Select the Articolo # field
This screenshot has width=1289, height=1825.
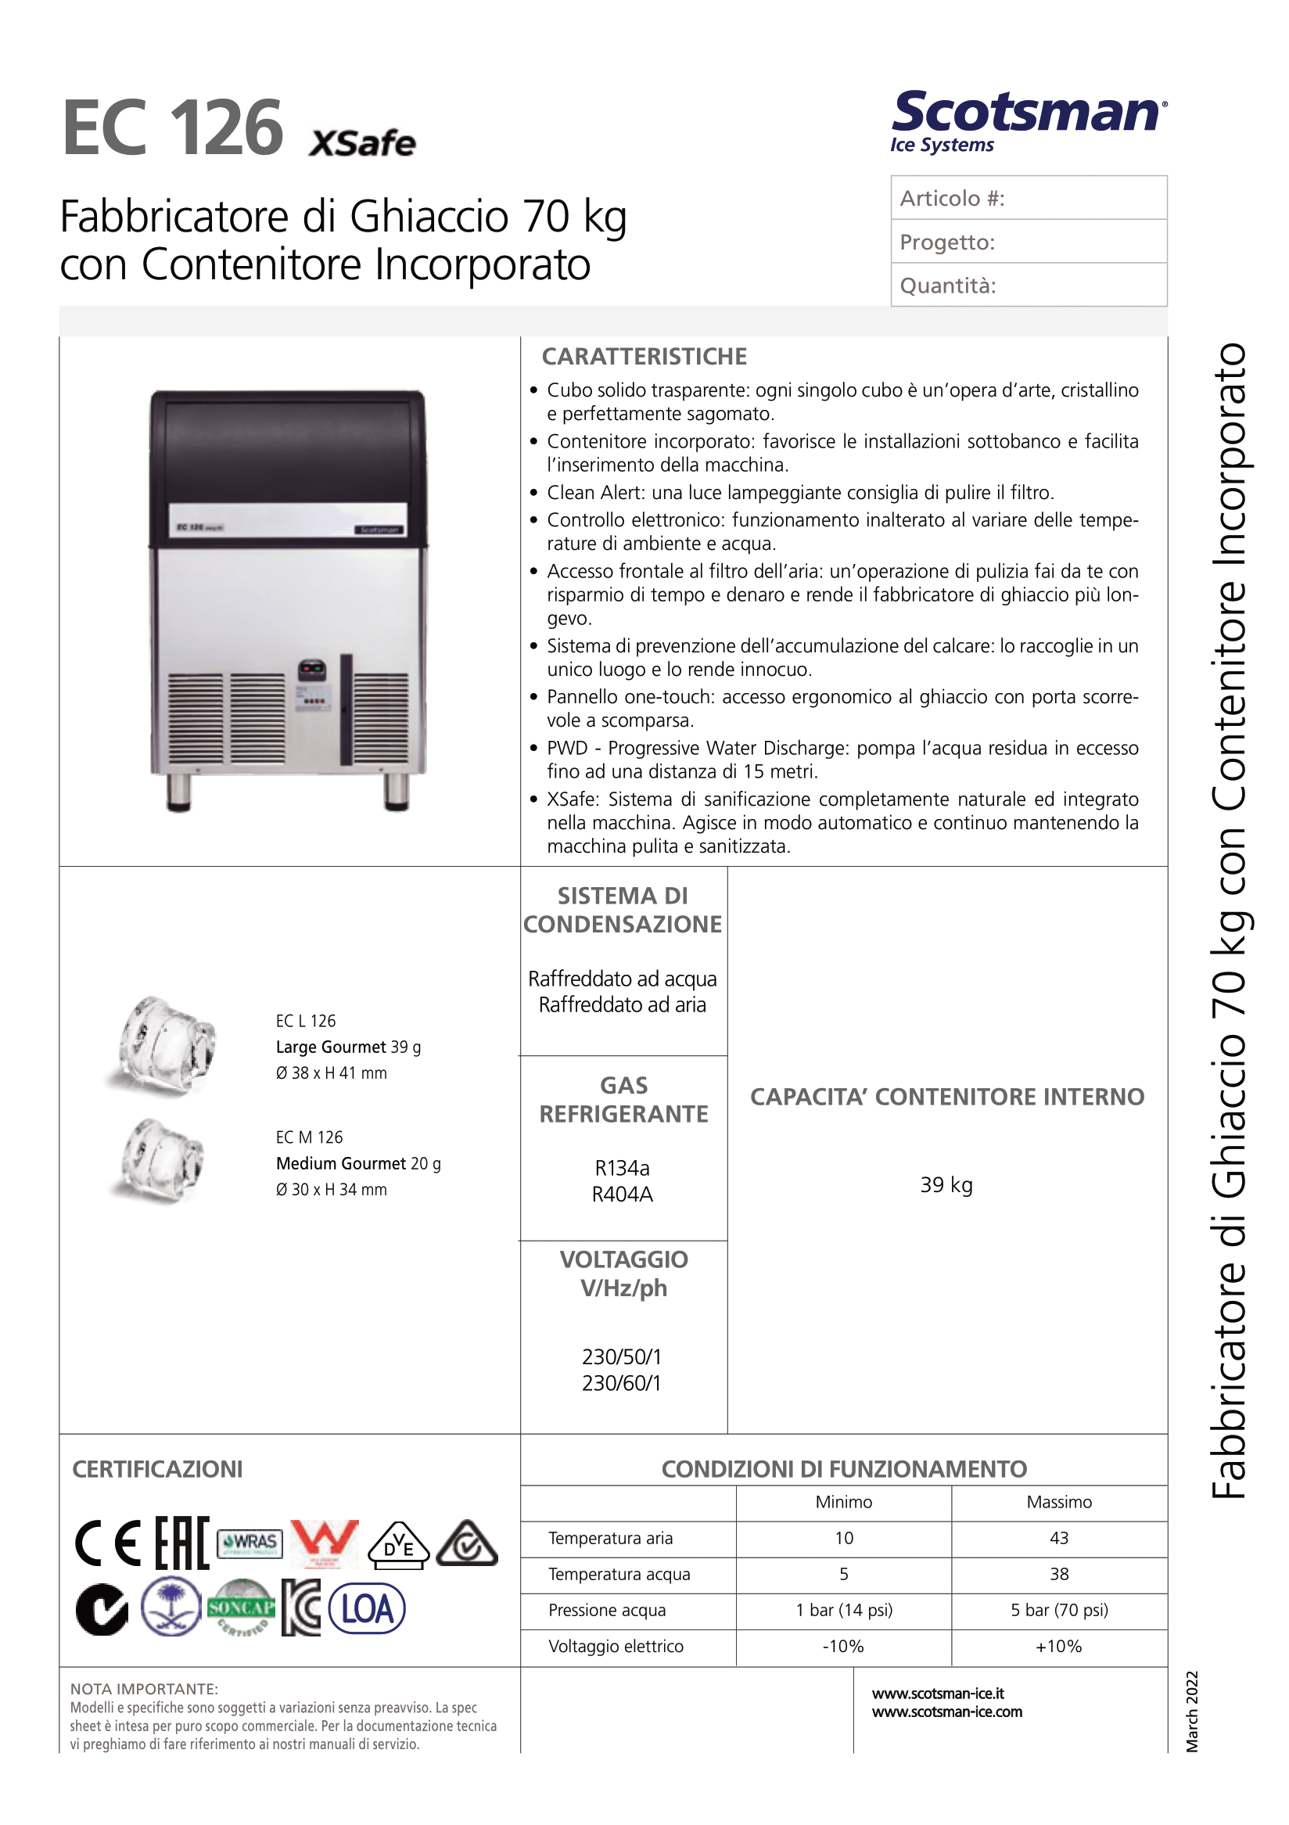[1029, 198]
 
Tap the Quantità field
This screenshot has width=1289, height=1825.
[1029, 286]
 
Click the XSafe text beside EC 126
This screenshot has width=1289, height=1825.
[362, 144]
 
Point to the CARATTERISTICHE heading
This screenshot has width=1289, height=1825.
[644, 357]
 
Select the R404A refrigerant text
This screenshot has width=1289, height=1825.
[623, 1195]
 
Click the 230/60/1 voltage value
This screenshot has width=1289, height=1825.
[622, 1384]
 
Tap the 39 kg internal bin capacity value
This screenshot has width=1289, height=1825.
[946, 1185]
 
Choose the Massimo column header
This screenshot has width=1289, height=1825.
[1058, 1502]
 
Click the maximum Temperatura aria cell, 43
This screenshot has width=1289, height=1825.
[1058, 1538]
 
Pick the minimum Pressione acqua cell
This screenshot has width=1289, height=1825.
[844, 1611]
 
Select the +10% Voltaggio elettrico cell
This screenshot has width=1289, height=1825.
[1058, 1646]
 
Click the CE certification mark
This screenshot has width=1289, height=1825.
[108, 1543]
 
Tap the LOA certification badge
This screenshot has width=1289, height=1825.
[366, 1610]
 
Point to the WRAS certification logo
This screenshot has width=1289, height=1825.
[250, 1543]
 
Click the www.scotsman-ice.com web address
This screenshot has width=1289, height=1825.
[946, 1712]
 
